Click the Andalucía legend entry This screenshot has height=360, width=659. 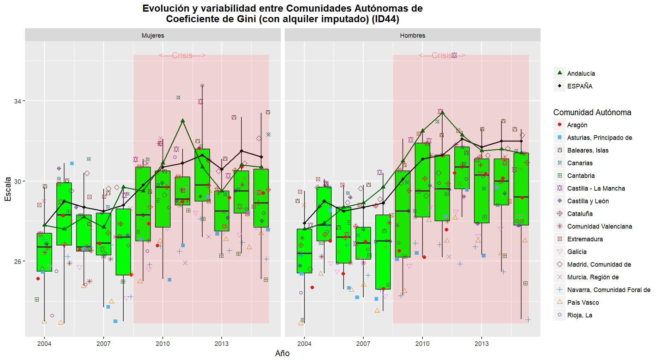pyautogui.click(x=581, y=73)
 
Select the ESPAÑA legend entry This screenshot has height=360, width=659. pyautogui.click(x=579, y=86)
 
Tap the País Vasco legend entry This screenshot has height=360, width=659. pyautogui.click(x=583, y=302)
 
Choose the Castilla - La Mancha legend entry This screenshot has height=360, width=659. pyautogui.click(x=596, y=188)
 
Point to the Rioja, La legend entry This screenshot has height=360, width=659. pyautogui.click(x=579, y=315)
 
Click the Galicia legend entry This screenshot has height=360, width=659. pyautogui.click(x=577, y=252)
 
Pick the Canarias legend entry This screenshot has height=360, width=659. pyautogui.click(x=580, y=163)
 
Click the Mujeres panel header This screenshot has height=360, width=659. pyautogui.click(x=153, y=35)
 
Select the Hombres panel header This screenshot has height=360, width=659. pyautogui.click(x=412, y=35)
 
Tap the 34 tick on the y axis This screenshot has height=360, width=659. pyautogui.click(x=17, y=101)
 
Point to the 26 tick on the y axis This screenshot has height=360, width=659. pyautogui.click(x=17, y=261)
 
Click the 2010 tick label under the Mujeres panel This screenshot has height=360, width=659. pyautogui.click(x=162, y=343)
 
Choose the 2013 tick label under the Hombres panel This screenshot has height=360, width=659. pyautogui.click(x=481, y=343)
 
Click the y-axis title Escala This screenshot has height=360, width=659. pyautogui.click(x=8, y=189)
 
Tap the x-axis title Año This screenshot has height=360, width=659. pyautogui.click(x=282, y=353)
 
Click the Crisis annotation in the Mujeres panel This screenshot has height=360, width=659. pyautogui.click(x=182, y=55)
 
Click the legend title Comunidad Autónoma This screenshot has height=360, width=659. pyautogui.click(x=592, y=112)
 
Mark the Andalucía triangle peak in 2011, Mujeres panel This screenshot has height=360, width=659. pyautogui.click(x=183, y=120)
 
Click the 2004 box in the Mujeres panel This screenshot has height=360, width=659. pyautogui.click(x=44, y=252)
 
